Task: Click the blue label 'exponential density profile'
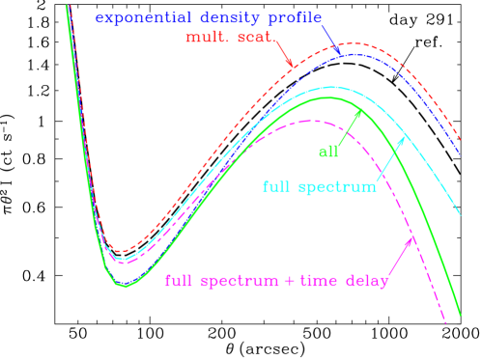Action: click(209, 18)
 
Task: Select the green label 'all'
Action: click(328, 151)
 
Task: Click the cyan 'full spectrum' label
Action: click(319, 186)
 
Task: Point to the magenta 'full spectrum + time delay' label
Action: click(277, 281)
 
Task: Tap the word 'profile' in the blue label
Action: click(296, 18)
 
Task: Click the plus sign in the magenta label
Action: click(296, 281)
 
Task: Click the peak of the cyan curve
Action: click(331, 88)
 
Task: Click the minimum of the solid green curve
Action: click(123, 286)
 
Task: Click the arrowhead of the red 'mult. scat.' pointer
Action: click(291, 65)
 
